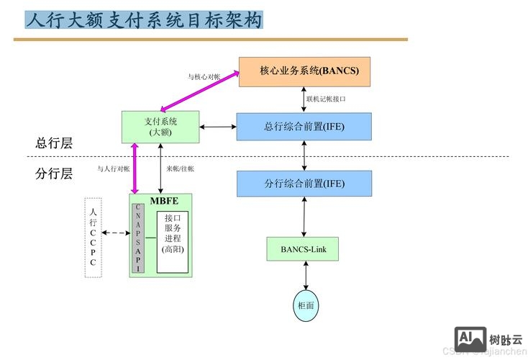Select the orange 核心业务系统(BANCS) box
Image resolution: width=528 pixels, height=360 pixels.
[x=304, y=71]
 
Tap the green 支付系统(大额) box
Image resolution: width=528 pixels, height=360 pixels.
[x=160, y=127]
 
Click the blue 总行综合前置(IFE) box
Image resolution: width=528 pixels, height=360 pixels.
[x=304, y=126]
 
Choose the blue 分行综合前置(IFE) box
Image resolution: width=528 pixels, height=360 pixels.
[x=304, y=184]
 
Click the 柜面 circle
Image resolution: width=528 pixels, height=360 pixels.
[x=306, y=305]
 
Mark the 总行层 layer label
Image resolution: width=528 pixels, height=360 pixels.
[x=55, y=143]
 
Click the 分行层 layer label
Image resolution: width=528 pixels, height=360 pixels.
[x=55, y=173]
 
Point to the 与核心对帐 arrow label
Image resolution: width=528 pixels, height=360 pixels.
[x=204, y=76]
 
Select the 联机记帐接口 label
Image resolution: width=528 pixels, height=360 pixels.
[x=326, y=99]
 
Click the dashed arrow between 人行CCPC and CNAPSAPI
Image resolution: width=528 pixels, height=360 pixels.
[x=115, y=233]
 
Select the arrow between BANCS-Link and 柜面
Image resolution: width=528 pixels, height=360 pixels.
[x=306, y=275]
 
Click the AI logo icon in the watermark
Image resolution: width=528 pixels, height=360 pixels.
[x=470, y=339]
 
